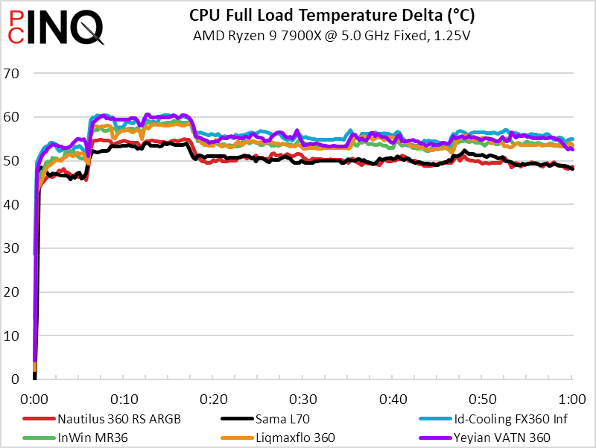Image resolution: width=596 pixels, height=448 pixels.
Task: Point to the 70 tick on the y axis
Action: tap(11, 73)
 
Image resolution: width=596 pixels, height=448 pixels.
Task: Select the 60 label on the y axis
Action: tap(11, 117)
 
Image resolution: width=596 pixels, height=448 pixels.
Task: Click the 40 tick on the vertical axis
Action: tap(11, 204)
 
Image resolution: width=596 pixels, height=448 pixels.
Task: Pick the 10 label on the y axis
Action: tap(11, 335)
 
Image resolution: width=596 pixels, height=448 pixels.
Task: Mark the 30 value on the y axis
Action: tap(11, 248)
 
